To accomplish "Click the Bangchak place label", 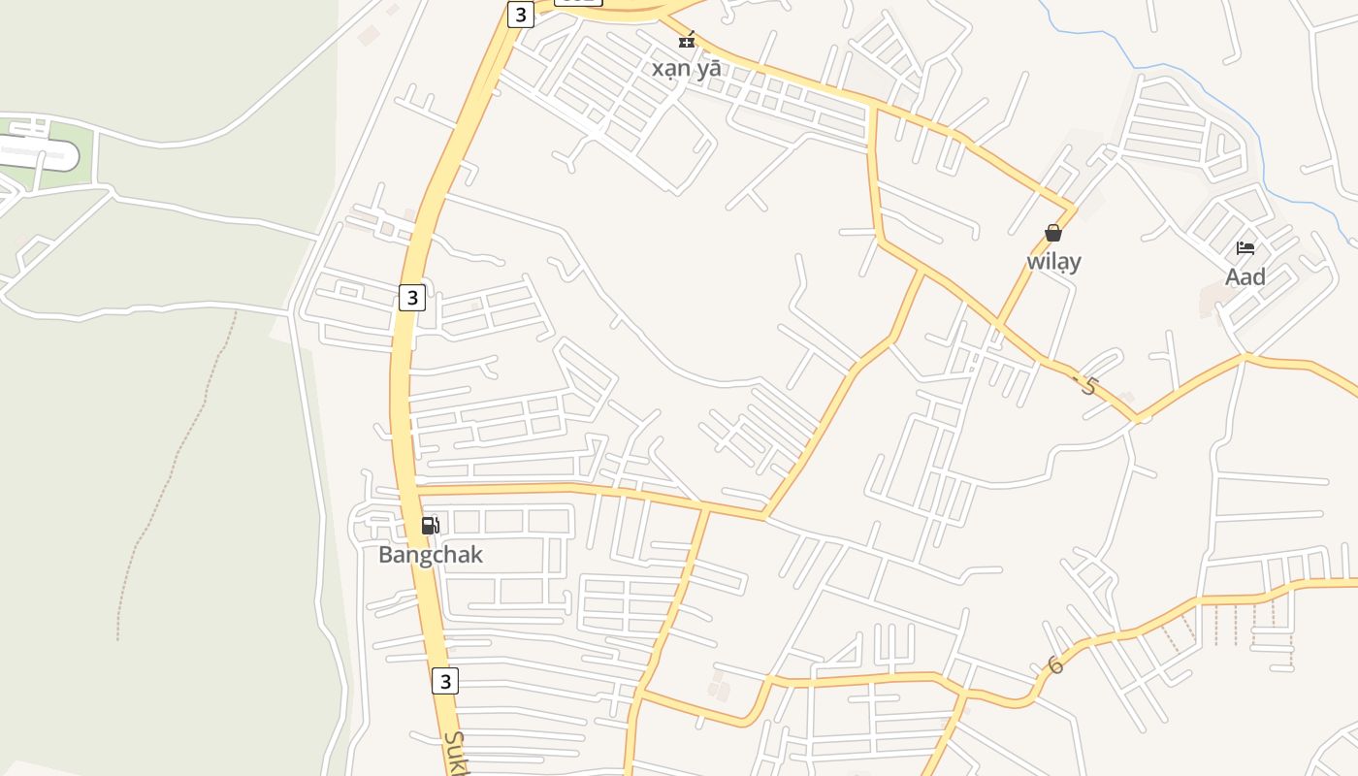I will [x=430, y=555].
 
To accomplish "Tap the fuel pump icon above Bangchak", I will [x=430, y=526].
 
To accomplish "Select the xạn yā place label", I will [x=686, y=69].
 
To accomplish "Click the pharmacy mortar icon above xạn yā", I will [x=687, y=41].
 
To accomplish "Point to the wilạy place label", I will [x=1053, y=262].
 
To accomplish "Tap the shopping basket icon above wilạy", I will [x=1053, y=233].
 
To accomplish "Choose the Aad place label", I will [x=1245, y=277].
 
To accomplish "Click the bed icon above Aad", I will [x=1245, y=248].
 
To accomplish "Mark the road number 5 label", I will [x=1087, y=385].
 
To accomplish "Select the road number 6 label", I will [x=1055, y=665].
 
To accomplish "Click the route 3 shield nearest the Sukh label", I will [x=444, y=680].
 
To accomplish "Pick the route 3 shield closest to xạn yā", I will [x=521, y=15].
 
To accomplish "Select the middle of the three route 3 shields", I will [x=411, y=297].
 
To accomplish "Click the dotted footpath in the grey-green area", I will [x=175, y=466].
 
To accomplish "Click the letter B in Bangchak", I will [x=385, y=555].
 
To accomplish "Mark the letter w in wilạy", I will [x=1035, y=262].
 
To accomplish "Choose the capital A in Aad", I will [x=1233, y=277].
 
